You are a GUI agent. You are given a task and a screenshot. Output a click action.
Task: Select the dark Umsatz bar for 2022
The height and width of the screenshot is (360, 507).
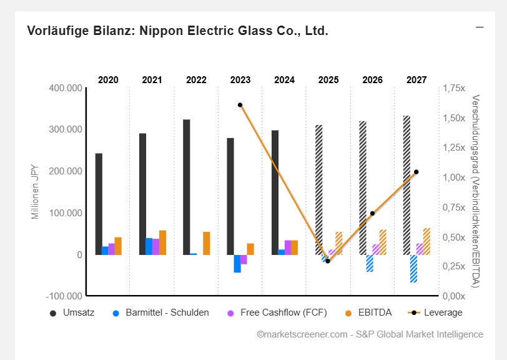pyautogui.click(x=186, y=187)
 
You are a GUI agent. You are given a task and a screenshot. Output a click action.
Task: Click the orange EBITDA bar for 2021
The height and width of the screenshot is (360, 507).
pyautogui.click(x=162, y=242)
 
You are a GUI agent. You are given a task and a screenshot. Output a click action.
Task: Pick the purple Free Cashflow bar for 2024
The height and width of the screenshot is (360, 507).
pyautogui.click(x=288, y=247)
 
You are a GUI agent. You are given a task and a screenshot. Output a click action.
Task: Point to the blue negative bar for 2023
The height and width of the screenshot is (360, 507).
pyautogui.click(x=237, y=263)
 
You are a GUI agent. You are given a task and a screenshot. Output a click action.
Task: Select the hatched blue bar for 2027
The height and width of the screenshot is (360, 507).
pyautogui.click(x=413, y=268)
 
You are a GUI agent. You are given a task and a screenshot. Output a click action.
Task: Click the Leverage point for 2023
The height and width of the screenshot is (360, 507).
pyautogui.click(x=240, y=105)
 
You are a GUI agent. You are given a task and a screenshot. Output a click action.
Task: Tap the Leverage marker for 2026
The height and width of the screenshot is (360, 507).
pyautogui.click(x=372, y=214)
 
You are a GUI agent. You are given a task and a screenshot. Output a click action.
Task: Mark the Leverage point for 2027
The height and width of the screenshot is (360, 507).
pyautogui.click(x=416, y=172)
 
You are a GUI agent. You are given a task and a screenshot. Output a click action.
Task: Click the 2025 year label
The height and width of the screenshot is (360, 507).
pyautogui.click(x=328, y=80)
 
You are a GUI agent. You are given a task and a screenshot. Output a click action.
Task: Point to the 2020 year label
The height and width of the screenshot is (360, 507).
pyautogui.click(x=108, y=80)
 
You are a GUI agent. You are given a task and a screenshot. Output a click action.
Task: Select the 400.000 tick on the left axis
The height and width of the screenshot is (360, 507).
pyautogui.click(x=65, y=88)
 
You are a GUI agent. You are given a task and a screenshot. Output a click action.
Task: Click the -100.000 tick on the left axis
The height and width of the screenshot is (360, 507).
pyautogui.click(x=64, y=296)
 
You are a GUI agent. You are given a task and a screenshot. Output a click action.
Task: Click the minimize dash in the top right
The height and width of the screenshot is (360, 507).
pyautogui.click(x=480, y=27)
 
